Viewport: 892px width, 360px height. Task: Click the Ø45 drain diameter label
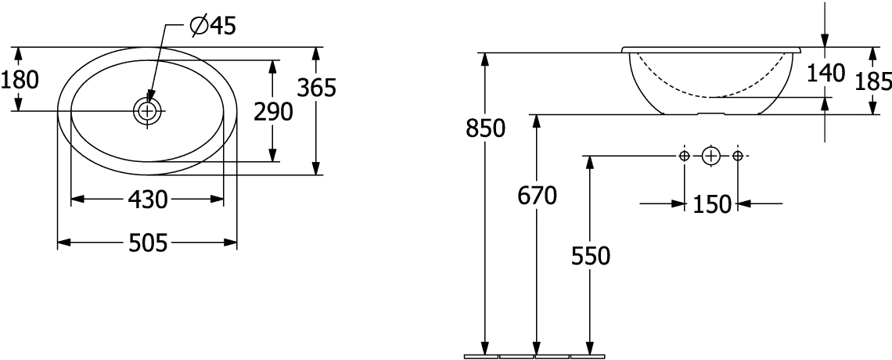click(x=213, y=26)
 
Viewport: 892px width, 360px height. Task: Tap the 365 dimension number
click(x=318, y=88)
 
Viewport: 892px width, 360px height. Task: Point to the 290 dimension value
click(x=273, y=112)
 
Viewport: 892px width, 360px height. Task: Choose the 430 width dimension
click(x=148, y=199)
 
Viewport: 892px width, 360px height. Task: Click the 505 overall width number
click(x=148, y=243)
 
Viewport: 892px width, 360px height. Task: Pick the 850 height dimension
click(x=485, y=129)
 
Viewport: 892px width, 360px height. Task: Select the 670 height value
click(x=537, y=196)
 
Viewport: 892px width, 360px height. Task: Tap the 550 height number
click(x=591, y=257)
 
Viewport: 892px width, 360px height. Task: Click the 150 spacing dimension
click(x=711, y=203)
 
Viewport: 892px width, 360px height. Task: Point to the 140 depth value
click(x=826, y=74)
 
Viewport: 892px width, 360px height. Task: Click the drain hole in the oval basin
click(x=147, y=111)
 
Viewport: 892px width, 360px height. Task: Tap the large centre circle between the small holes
click(x=711, y=156)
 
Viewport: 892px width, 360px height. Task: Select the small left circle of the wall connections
click(x=685, y=156)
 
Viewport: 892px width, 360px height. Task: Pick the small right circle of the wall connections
click(x=737, y=156)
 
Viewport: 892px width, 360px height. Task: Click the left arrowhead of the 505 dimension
click(x=64, y=243)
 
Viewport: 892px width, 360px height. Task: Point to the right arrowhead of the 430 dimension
click(x=217, y=199)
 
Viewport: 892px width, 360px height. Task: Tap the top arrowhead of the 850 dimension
click(x=485, y=59)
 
